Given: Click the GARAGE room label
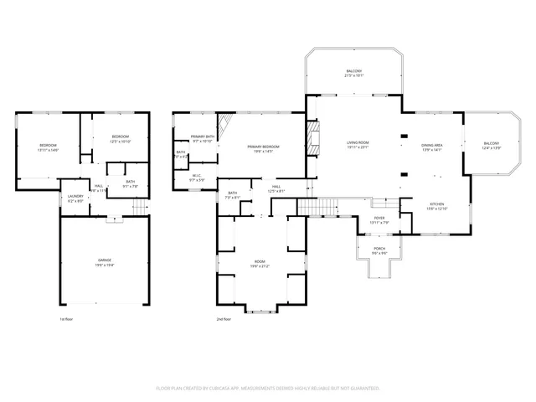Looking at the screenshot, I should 105,261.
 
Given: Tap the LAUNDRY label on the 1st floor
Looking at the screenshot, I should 75,198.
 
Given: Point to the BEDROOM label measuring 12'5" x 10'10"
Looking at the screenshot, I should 121,138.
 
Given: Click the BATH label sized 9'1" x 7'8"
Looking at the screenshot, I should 131,183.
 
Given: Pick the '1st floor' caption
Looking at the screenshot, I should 66,319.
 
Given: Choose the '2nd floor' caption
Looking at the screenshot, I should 224,319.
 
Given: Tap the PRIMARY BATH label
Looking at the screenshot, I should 203,138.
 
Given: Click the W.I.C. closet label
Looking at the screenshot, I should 197,178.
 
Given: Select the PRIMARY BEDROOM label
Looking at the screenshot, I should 263,148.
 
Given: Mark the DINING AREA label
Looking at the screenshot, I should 432,146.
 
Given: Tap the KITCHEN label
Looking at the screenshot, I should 438,206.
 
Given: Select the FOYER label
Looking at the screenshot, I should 379,220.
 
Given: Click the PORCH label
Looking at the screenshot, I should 379,250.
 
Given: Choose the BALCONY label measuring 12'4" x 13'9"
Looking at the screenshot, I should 491,146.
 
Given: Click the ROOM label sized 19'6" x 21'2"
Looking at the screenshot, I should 260,264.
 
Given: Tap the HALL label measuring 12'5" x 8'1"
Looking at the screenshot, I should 276,188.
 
